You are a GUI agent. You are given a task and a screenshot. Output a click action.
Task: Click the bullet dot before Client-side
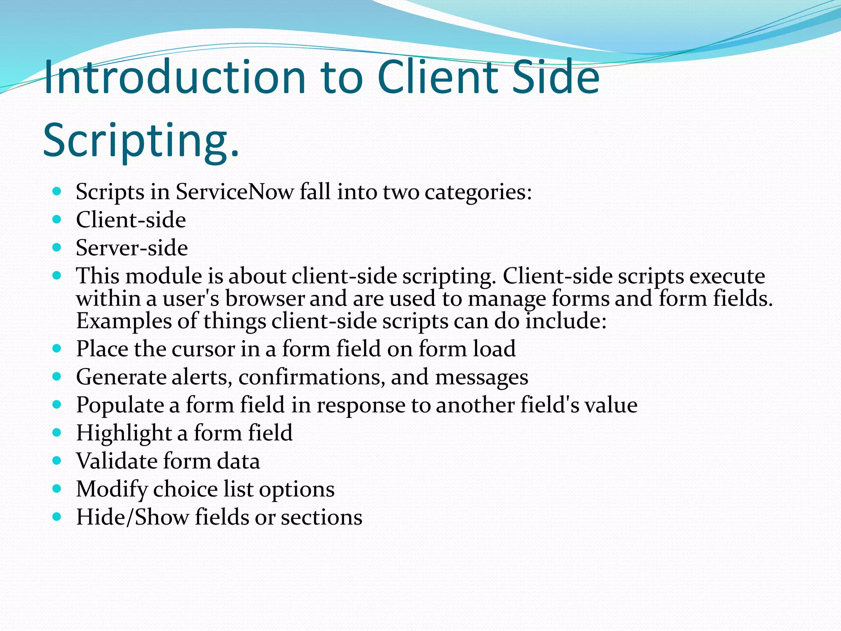(57, 219)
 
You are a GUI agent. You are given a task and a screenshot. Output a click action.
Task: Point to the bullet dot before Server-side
(57, 247)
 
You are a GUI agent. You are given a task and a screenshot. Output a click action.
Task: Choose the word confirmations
(312, 377)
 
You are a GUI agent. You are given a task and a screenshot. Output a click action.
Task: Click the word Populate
(120, 405)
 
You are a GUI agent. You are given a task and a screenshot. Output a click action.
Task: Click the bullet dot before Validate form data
(57, 461)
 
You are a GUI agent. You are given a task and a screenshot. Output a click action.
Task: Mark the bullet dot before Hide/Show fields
(57, 517)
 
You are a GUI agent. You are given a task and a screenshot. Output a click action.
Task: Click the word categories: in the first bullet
(478, 192)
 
